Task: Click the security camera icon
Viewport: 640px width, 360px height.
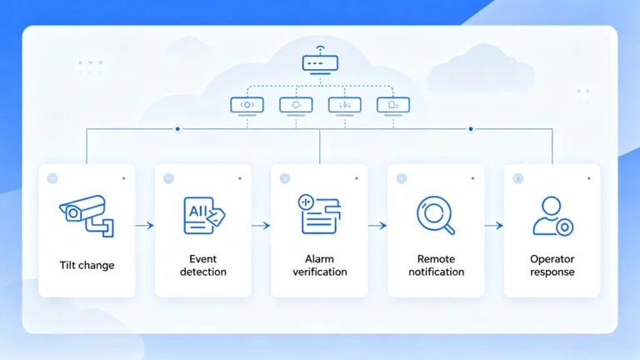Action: coord(87,216)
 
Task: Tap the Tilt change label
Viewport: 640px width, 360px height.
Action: coord(87,265)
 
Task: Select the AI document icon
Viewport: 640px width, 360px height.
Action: coord(203,216)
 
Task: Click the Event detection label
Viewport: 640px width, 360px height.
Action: coord(202,265)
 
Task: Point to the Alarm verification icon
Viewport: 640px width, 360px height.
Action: coord(319,214)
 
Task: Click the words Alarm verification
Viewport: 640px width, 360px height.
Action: coord(320,265)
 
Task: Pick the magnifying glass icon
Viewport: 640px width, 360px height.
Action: coord(436,215)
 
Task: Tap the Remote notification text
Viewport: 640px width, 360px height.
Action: coord(436,265)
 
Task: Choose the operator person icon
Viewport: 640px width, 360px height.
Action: coord(552,216)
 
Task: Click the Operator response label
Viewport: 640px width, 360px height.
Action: coord(552,265)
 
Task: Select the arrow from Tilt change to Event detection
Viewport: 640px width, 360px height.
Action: coord(144,225)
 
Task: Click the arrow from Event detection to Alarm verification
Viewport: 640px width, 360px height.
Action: coord(261,225)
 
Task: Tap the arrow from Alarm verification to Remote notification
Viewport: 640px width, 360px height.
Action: coord(377,225)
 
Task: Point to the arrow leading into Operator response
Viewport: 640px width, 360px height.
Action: coord(494,225)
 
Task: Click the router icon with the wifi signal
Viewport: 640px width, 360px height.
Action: coord(320,60)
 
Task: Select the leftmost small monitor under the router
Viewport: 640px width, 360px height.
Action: coord(247,107)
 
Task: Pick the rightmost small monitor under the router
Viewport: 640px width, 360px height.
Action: coord(393,107)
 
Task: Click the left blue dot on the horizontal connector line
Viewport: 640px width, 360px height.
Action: coord(177,129)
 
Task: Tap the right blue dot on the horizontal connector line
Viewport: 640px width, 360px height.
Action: coord(471,129)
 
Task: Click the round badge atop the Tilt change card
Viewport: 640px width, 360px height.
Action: coord(52,178)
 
